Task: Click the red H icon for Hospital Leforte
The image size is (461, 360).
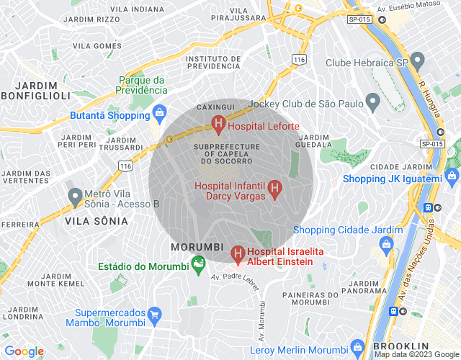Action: tap(218, 126)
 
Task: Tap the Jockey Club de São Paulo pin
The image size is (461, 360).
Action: tap(372, 103)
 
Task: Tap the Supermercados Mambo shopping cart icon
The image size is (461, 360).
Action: tap(153, 314)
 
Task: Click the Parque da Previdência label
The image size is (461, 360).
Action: tap(143, 85)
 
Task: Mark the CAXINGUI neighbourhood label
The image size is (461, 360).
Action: tap(216, 107)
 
